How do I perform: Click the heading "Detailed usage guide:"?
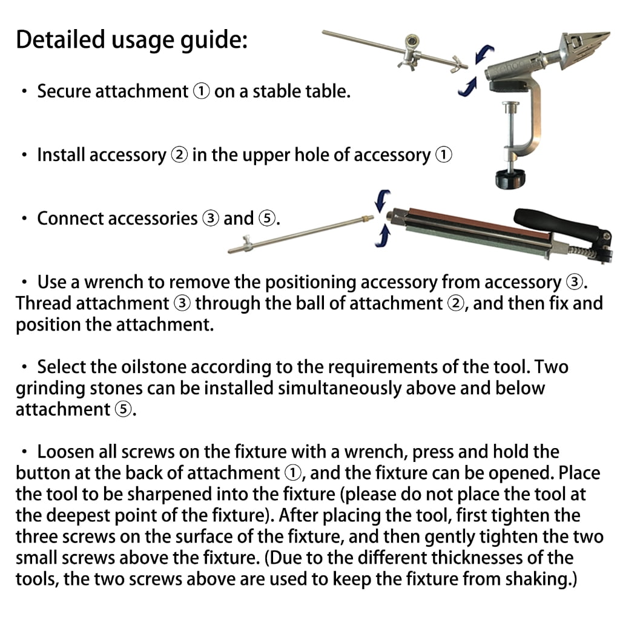point(131,41)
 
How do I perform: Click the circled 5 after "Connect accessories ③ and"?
point(267,219)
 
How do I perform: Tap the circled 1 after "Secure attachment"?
point(201,91)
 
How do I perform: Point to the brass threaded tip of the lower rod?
point(367,218)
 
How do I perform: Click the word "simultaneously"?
point(340,388)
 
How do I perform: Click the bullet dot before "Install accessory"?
point(24,155)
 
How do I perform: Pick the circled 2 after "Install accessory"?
point(179,155)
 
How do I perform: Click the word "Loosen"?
point(65,452)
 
